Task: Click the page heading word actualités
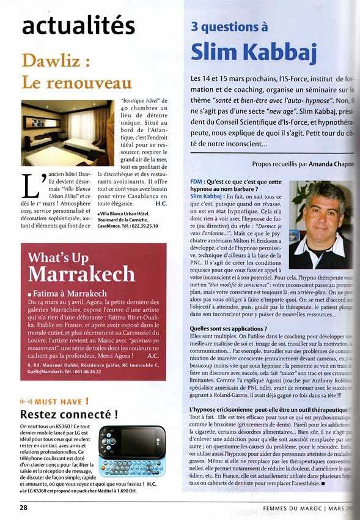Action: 78,25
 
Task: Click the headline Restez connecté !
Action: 69,415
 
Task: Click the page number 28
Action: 23,507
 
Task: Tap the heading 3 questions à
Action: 229,26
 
